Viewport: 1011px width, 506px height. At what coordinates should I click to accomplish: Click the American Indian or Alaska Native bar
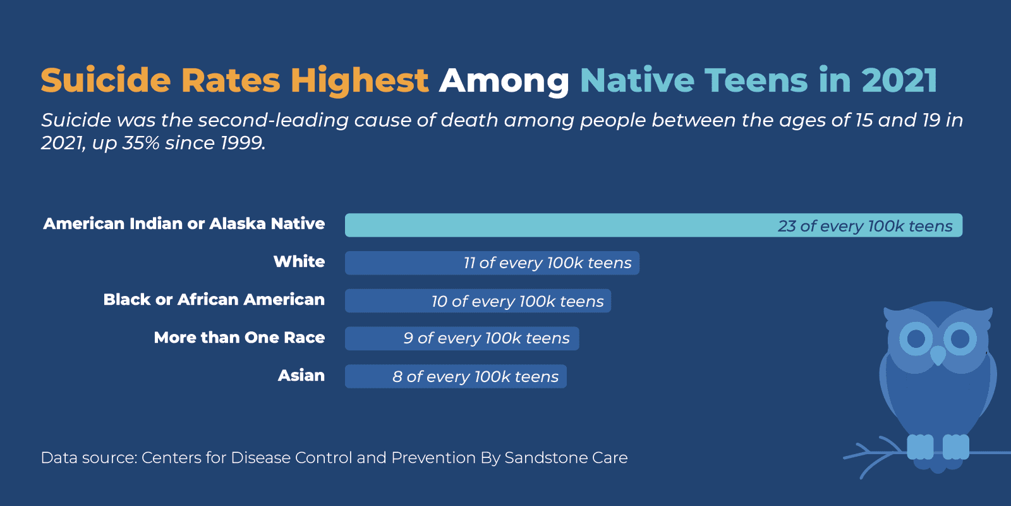click(653, 225)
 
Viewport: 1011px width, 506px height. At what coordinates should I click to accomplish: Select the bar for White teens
click(492, 263)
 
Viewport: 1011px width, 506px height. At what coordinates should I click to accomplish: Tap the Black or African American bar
click(478, 301)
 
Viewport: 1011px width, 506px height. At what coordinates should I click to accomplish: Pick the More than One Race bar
click(462, 338)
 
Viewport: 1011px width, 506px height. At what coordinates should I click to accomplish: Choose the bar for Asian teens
click(456, 376)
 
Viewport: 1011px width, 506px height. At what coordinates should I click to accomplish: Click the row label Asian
click(301, 376)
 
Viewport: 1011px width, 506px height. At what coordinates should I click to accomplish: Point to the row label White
click(299, 262)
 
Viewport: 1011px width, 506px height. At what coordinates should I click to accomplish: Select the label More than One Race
click(239, 338)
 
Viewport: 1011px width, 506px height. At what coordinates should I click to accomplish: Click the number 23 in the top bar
click(787, 226)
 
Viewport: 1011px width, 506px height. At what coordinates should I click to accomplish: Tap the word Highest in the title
click(360, 81)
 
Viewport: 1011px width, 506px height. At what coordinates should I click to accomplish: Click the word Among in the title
click(504, 81)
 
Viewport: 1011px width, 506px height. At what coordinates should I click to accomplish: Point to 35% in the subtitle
click(141, 143)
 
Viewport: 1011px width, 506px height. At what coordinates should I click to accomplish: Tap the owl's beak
click(938, 356)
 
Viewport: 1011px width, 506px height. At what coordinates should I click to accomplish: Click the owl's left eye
click(916, 338)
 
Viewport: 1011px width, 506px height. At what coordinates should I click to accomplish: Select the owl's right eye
click(960, 338)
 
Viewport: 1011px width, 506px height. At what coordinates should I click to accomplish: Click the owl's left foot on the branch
click(920, 447)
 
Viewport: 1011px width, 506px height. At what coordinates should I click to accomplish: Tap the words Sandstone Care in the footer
click(566, 458)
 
